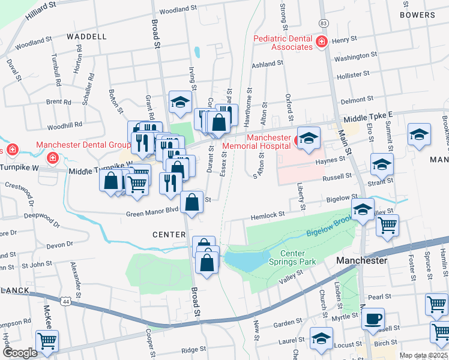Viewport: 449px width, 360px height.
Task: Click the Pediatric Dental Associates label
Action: (283, 43)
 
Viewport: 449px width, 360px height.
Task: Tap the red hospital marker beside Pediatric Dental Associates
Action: (322, 41)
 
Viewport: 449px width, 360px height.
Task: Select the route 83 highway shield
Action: (324, 22)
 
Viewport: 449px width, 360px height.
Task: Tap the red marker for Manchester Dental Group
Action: (53, 158)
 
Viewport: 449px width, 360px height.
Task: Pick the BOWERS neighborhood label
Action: (417, 15)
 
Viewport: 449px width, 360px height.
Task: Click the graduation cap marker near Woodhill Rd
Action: (179, 103)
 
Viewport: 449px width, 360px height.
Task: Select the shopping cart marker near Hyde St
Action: (47, 341)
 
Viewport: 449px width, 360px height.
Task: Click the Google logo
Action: (19, 353)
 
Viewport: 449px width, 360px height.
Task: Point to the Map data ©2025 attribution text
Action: (423, 355)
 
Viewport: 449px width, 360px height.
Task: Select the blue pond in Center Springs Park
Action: (246, 260)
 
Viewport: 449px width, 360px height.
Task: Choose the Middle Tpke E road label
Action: (367, 118)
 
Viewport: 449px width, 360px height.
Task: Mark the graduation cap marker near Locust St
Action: (321, 338)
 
